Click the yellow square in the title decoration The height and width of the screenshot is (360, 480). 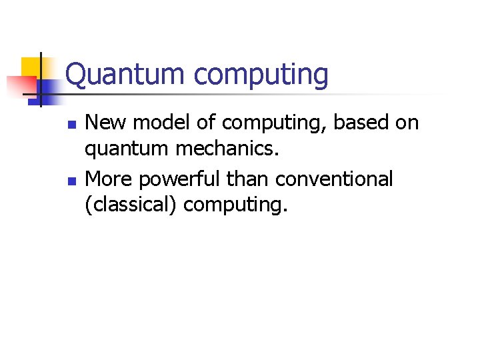tap(31, 67)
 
